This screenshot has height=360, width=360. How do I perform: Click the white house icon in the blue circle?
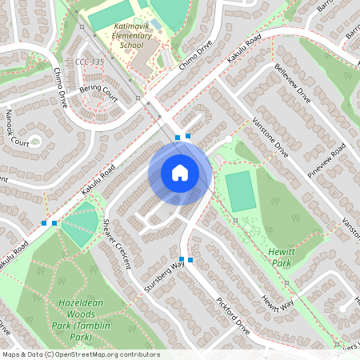click(x=180, y=172)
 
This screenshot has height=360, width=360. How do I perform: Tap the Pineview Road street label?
click(x=329, y=159)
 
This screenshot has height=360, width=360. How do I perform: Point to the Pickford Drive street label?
click(x=233, y=315)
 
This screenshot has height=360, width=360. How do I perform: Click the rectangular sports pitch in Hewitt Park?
click(x=240, y=191)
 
